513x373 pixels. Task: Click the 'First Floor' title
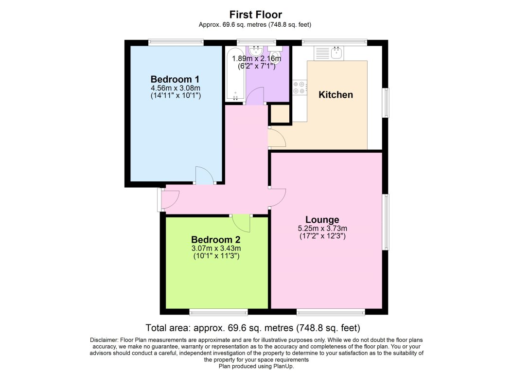coord(256,15)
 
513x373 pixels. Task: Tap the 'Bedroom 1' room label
coord(175,79)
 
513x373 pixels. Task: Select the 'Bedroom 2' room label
coord(215,240)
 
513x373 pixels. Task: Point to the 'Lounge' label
coord(322,219)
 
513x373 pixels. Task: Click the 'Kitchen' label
coord(336,95)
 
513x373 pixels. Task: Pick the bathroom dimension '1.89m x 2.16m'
coord(256,58)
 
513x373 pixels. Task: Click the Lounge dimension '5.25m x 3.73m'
coord(322,228)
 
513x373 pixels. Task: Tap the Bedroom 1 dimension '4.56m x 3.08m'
coord(175,88)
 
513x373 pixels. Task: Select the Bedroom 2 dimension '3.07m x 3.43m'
coord(215,248)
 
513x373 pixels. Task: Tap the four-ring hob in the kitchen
coord(299,88)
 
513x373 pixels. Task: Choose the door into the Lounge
coord(277,197)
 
